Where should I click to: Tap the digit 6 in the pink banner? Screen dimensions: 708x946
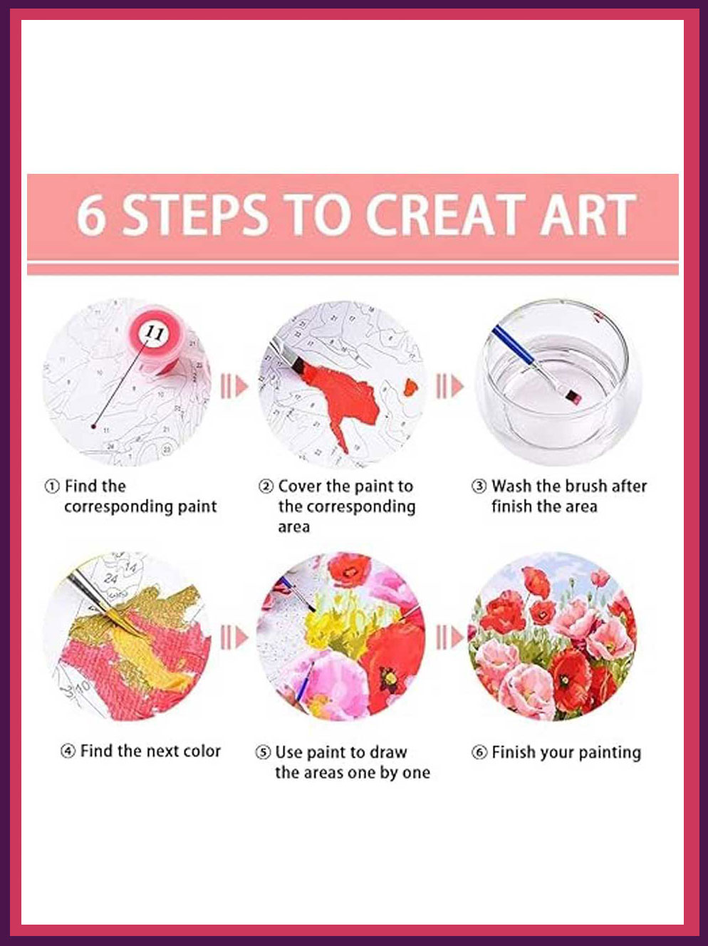(91, 214)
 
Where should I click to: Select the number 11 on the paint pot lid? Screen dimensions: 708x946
(155, 332)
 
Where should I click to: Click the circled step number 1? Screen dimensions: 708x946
(52, 487)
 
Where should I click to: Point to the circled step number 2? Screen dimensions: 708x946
(266, 487)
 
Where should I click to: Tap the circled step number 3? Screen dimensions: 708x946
(479, 487)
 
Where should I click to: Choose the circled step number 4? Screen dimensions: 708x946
(68, 752)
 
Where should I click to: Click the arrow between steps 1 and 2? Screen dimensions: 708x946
(234, 386)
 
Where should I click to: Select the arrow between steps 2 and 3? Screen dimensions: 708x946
(449, 386)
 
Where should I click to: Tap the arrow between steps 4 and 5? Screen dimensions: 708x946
(234, 638)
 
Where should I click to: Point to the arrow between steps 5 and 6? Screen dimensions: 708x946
(449, 638)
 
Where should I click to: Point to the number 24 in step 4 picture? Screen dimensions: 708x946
(110, 578)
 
